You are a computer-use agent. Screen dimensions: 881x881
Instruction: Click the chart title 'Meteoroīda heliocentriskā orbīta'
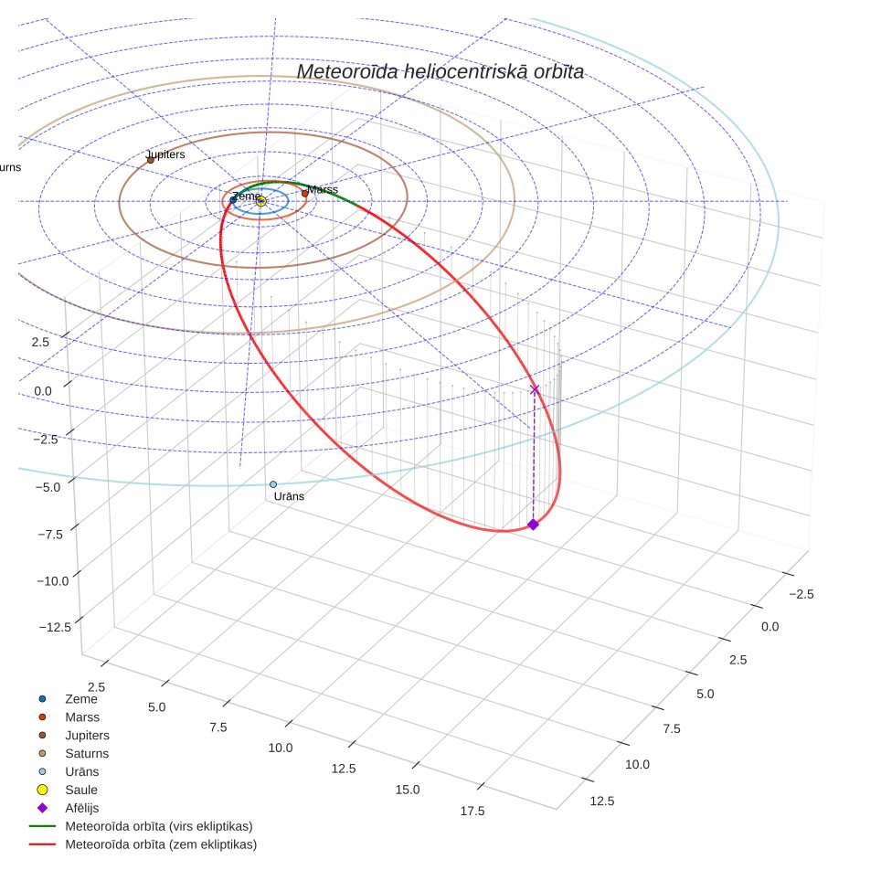440,71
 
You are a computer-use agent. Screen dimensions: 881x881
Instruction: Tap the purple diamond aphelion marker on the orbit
533,525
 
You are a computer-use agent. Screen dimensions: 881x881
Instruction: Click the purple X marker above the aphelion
535,388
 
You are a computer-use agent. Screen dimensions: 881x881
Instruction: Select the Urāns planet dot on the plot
273,484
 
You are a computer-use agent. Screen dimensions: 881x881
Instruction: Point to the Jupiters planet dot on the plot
151,160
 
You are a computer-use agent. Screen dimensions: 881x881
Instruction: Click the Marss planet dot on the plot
305,193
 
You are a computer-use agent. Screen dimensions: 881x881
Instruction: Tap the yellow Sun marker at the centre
261,201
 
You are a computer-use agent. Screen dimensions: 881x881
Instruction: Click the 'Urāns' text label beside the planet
289,496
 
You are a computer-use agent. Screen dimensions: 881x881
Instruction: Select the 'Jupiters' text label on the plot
165,154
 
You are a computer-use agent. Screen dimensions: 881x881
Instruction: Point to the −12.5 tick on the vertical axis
55,627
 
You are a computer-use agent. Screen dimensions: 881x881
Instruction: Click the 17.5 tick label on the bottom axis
472,811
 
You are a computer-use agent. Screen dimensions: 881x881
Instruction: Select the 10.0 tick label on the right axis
637,764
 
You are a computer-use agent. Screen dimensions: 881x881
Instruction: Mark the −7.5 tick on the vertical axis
50,535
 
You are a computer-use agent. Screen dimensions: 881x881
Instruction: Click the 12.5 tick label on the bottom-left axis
344,769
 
